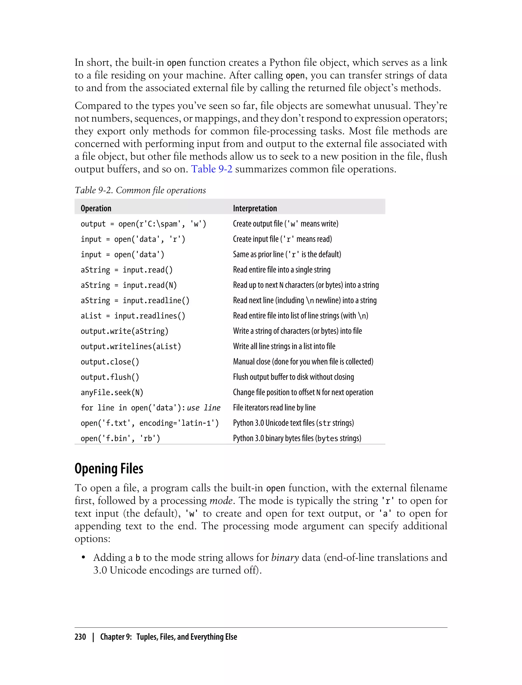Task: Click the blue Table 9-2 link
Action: (x=212, y=169)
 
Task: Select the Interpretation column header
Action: (x=255, y=208)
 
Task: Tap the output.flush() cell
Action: (x=110, y=377)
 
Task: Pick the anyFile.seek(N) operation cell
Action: (x=112, y=392)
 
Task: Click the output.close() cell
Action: (x=110, y=362)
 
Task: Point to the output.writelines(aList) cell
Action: (x=131, y=346)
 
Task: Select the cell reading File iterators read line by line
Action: (x=274, y=407)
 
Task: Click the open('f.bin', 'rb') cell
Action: (x=120, y=438)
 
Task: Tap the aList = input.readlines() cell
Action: (x=133, y=316)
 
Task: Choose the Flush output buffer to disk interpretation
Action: (x=293, y=377)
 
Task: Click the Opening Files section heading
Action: (x=109, y=469)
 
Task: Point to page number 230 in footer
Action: (x=80, y=637)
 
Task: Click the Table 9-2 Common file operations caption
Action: (x=140, y=190)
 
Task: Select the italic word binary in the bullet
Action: (x=285, y=558)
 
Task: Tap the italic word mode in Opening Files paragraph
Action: (x=221, y=501)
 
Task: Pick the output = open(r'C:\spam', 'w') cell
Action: (x=143, y=224)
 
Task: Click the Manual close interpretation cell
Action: (x=303, y=362)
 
